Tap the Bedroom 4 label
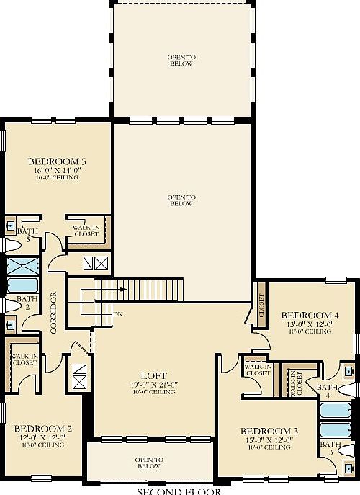click(x=310, y=315)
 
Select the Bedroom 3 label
click(x=269, y=431)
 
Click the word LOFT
click(x=154, y=375)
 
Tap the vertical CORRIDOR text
click(x=53, y=312)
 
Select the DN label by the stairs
click(x=117, y=314)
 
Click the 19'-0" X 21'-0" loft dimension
click(x=154, y=384)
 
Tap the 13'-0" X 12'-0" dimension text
click(x=310, y=324)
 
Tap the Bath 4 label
click(x=326, y=391)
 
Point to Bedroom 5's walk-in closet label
click(x=86, y=231)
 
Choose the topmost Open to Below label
click(x=181, y=61)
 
